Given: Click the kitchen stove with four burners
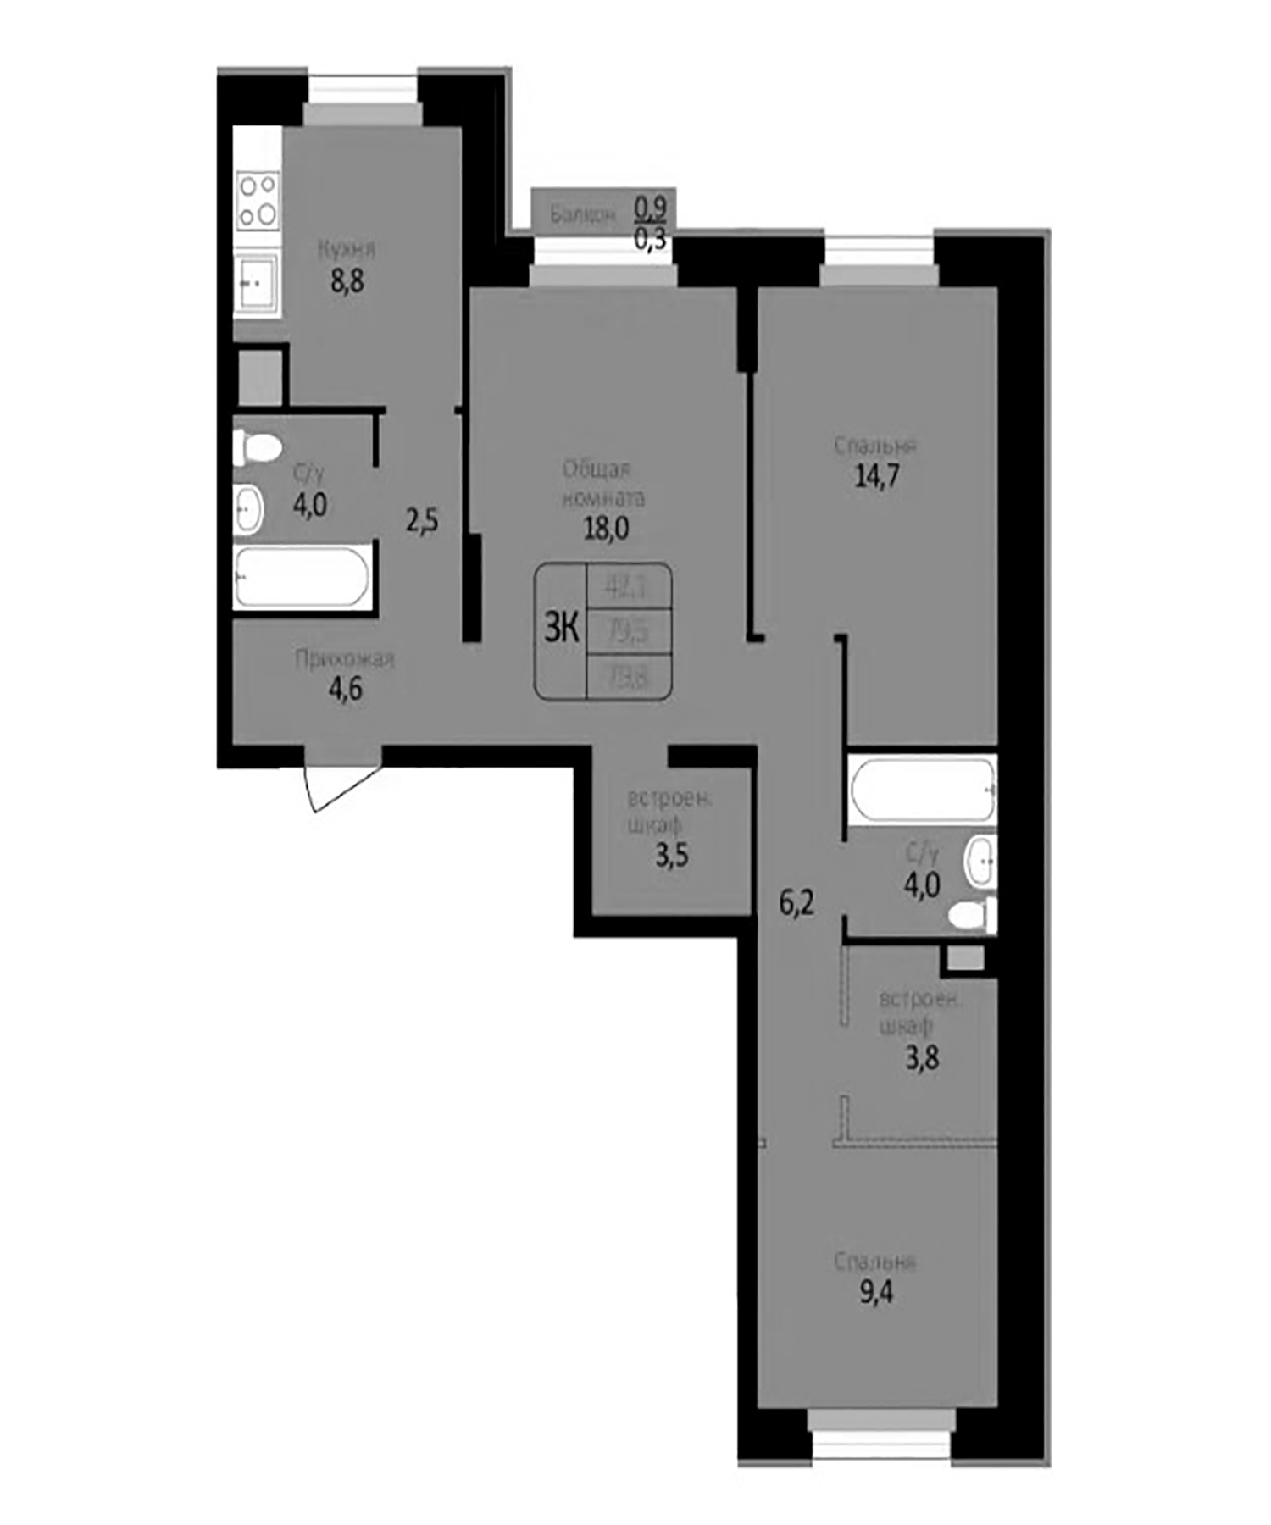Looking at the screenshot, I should [x=258, y=200].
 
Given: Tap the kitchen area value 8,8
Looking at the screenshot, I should [x=347, y=280].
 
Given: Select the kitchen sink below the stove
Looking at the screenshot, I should [x=256, y=284].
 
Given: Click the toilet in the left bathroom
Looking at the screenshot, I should [x=258, y=447].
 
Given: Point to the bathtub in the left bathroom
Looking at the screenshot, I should [x=302, y=577].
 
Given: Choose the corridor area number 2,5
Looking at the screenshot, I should [x=422, y=520].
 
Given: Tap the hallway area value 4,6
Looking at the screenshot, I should [x=346, y=689].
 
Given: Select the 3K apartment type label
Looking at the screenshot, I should [x=561, y=629].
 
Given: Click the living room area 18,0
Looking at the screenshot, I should [x=606, y=528].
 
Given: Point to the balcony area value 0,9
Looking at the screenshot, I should [x=651, y=206].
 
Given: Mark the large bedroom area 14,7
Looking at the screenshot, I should [x=877, y=476].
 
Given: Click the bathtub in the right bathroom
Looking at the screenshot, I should [x=923, y=789].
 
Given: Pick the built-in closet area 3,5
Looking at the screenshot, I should [x=672, y=856].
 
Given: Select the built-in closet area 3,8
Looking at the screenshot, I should [x=922, y=1057].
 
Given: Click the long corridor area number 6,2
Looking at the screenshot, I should [x=796, y=903].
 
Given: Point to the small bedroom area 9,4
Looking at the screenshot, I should [x=876, y=1294].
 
